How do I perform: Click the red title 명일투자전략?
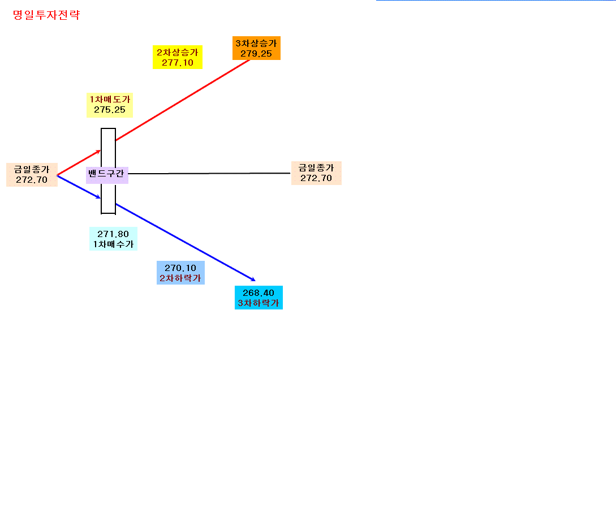pyautogui.click(x=46, y=15)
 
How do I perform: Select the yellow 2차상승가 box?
pyautogui.click(x=178, y=57)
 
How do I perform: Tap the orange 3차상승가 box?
pyautogui.click(x=256, y=48)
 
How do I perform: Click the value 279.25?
pyautogui.click(x=256, y=54)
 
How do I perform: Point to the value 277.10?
pyautogui.click(x=178, y=63)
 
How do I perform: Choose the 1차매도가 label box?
pyautogui.click(x=110, y=105)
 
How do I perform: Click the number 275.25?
pyautogui.click(x=110, y=110)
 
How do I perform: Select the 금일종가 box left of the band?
pyautogui.click(x=32, y=175)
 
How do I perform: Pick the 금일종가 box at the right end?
pyautogui.click(x=316, y=173)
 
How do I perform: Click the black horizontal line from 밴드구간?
pyautogui.click(x=209, y=173)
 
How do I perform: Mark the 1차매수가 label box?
pyautogui.click(x=113, y=239)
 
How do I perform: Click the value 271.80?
pyautogui.click(x=113, y=234)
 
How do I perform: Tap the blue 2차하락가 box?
pyautogui.click(x=180, y=273)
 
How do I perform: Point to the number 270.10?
pyautogui.click(x=180, y=268)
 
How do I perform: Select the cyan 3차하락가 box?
pyautogui.click(x=259, y=298)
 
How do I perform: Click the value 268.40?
pyautogui.click(x=259, y=293)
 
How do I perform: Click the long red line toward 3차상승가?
pyautogui.click(x=183, y=100)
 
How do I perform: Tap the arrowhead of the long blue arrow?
pyautogui.click(x=253, y=279)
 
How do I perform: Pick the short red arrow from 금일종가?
pyautogui.click(x=79, y=162)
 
